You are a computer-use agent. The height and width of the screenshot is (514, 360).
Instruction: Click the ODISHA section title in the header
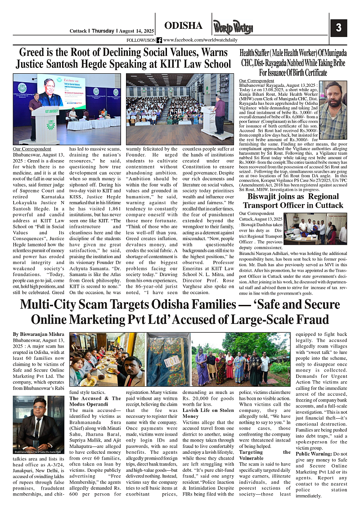[183, 25]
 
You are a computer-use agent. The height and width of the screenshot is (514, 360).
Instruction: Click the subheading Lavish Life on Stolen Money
[208, 413]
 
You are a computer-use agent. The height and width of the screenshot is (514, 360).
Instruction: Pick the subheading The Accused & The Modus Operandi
[95, 401]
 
